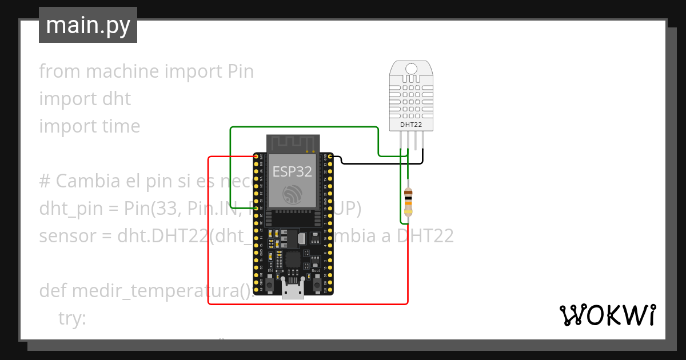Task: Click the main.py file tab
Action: (88, 25)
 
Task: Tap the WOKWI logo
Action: (607, 315)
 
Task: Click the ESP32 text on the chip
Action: (292, 171)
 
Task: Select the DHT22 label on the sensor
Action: (411, 124)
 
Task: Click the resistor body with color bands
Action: (408, 201)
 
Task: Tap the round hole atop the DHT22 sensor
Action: (411, 69)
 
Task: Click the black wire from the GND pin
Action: (377, 163)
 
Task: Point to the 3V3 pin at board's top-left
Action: (256, 156)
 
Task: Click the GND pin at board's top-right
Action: (330, 156)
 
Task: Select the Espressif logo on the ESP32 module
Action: (293, 194)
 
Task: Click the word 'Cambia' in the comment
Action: (88, 181)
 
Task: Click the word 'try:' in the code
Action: (72, 318)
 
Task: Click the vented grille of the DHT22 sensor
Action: (411, 97)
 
